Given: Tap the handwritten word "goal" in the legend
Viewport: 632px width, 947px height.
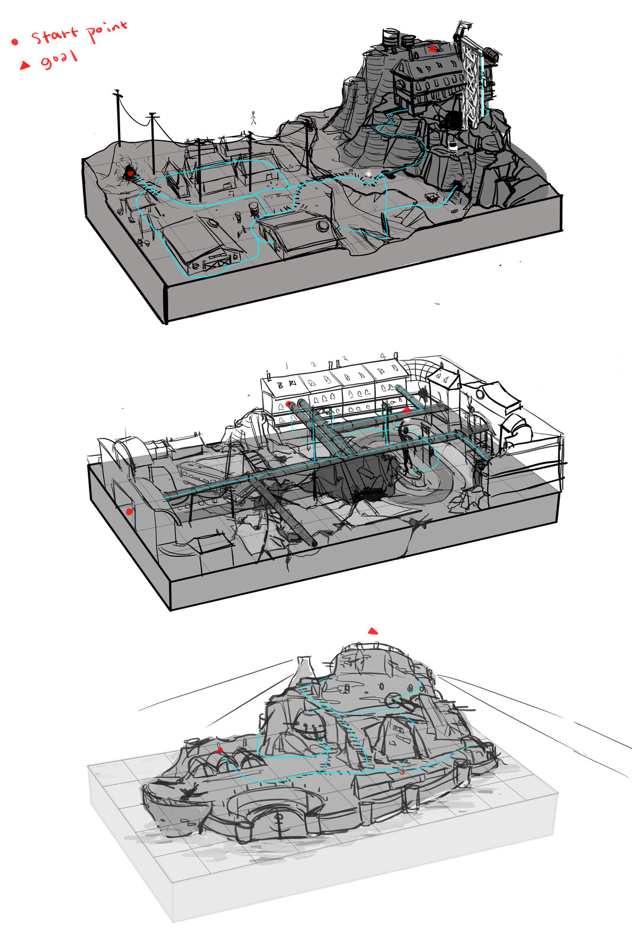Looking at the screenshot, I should [x=59, y=60].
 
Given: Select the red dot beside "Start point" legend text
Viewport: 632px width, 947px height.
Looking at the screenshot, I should [x=15, y=41].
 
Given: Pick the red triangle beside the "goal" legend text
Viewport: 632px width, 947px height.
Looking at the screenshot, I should [x=25, y=65].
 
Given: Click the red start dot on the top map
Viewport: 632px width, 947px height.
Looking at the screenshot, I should [x=130, y=173].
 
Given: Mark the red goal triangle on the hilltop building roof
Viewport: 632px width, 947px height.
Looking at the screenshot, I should [x=433, y=49].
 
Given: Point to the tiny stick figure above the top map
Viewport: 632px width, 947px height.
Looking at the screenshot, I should [x=254, y=117].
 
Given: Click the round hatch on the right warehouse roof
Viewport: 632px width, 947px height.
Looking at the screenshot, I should [x=323, y=226].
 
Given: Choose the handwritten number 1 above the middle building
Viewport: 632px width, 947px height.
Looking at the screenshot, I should [x=287, y=366].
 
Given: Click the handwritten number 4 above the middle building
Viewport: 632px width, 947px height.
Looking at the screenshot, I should [x=383, y=356].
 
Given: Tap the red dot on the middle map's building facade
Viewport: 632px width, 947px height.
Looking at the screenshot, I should [x=288, y=404].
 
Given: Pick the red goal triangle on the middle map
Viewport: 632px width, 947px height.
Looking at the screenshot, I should [x=406, y=409].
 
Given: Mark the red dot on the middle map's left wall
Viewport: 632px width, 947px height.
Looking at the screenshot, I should [x=130, y=511].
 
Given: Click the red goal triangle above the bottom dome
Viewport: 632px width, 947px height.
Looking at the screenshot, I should [x=373, y=631].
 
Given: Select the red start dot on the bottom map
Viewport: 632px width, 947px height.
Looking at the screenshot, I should [x=220, y=750].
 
